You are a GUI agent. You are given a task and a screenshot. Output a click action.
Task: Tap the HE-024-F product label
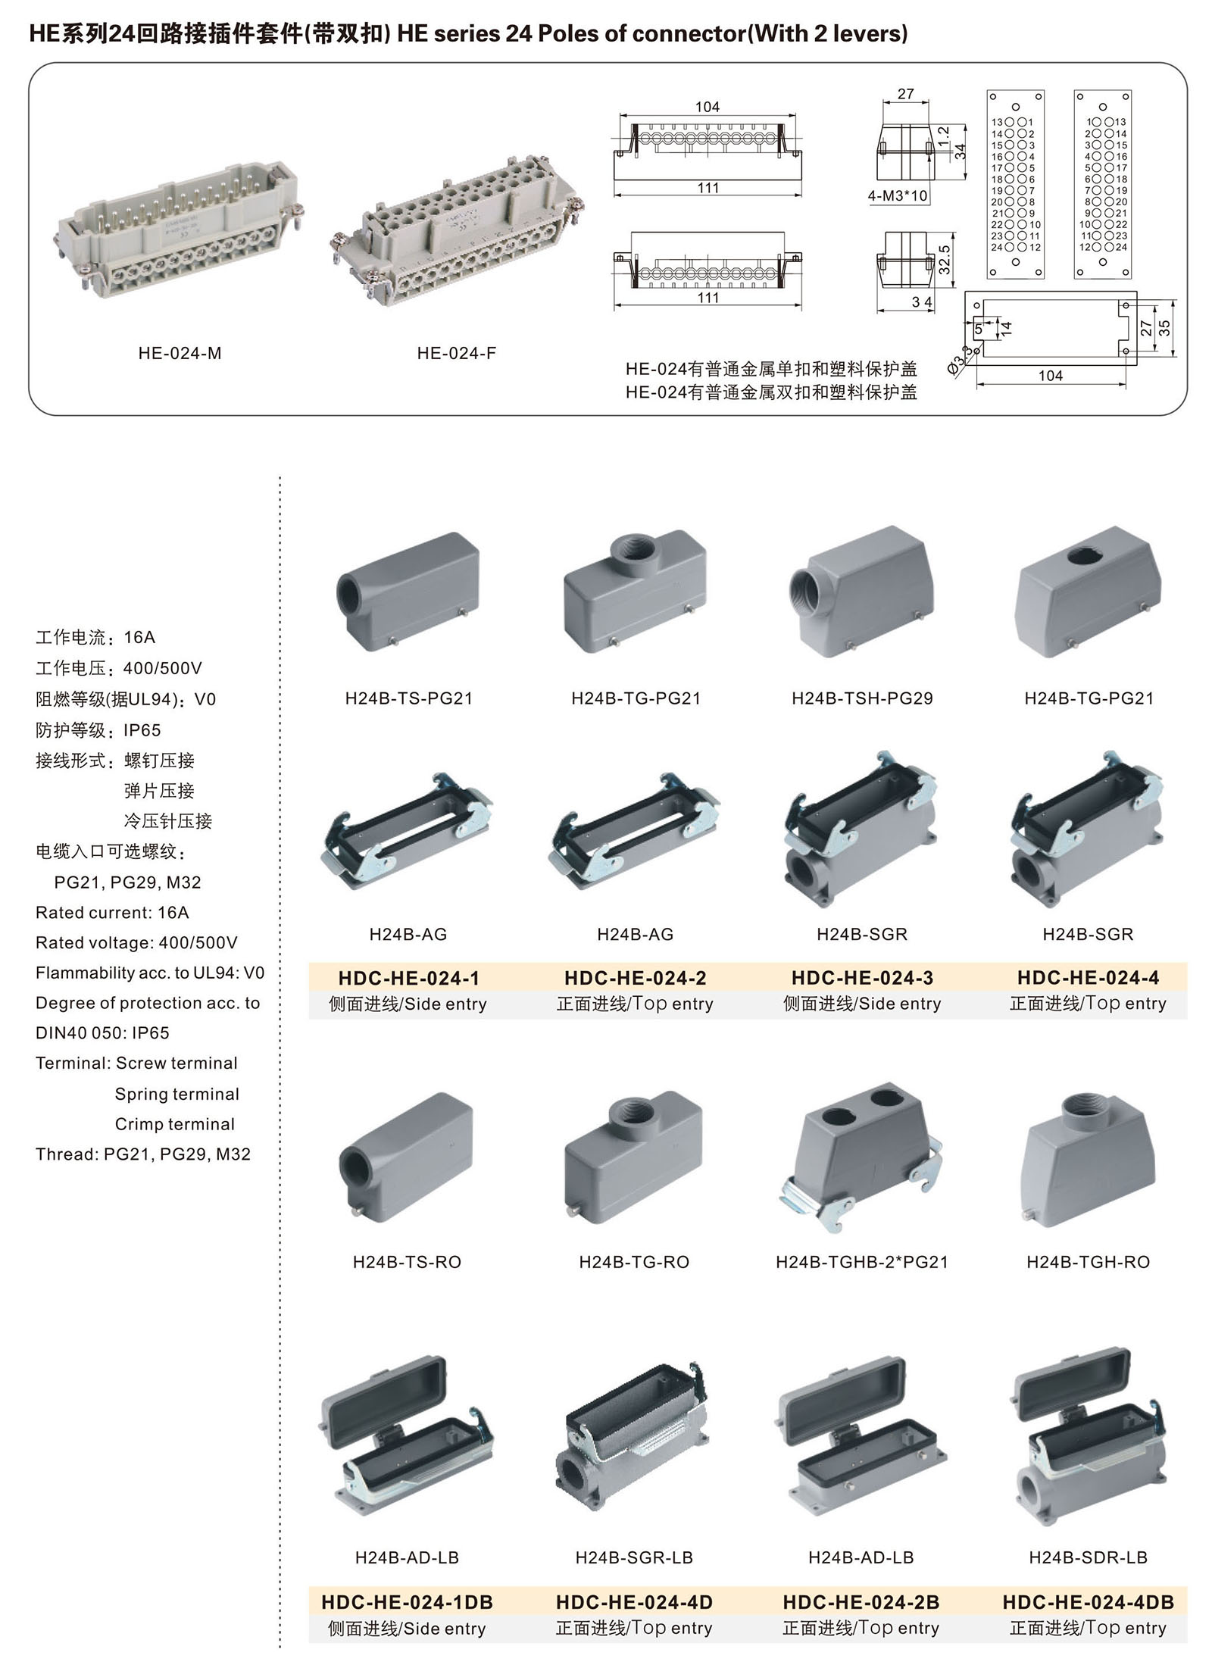(456, 353)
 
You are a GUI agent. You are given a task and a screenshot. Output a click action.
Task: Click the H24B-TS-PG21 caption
(408, 698)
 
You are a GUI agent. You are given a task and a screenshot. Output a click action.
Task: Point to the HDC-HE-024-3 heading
(862, 978)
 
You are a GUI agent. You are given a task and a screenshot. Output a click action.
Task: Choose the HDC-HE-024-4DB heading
(1088, 1602)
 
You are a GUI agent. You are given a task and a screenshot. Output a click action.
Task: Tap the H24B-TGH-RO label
(1088, 1262)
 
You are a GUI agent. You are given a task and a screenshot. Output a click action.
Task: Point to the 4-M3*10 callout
(898, 196)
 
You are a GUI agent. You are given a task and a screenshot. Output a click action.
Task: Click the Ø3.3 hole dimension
(958, 358)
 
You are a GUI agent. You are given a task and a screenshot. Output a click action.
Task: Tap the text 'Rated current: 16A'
(112, 912)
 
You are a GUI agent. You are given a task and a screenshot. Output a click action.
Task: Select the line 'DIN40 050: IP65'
(102, 1033)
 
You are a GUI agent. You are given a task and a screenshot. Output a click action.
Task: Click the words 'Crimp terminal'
(174, 1124)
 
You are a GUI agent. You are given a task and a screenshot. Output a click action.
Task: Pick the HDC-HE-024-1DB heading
(407, 1602)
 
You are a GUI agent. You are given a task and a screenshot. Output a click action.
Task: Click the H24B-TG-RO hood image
(634, 1151)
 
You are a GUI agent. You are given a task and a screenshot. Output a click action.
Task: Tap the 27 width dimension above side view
(905, 94)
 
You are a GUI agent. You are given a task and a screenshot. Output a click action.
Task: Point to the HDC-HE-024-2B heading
(861, 1602)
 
